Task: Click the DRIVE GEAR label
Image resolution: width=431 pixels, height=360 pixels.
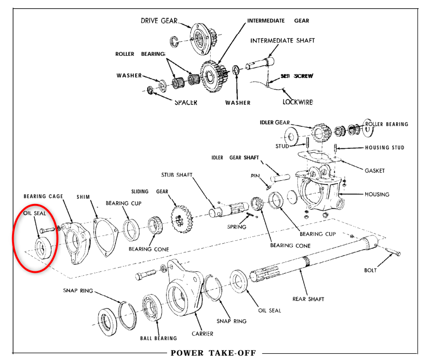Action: pyautogui.click(x=159, y=21)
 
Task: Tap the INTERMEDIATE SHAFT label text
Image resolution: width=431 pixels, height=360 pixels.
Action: pyautogui.click(x=282, y=41)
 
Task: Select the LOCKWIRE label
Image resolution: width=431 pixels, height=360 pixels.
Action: pyautogui.click(x=297, y=102)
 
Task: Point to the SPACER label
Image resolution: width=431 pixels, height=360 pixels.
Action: pyautogui.click(x=185, y=103)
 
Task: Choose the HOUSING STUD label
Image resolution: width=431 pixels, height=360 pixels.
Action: pyautogui.click(x=384, y=148)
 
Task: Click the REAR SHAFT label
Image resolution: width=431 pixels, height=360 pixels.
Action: pyautogui.click(x=308, y=299)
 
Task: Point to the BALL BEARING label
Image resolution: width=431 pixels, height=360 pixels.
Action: pyautogui.click(x=158, y=338)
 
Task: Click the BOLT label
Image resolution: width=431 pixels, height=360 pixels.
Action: pyautogui.click(x=371, y=270)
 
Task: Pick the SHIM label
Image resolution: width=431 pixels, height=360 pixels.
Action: pyautogui.click(x=83, y=197)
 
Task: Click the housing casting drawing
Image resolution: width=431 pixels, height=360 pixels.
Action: pyautogui.click(x=317, y=189)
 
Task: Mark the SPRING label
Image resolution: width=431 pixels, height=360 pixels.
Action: pyautogui.click(x=236, y=227)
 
